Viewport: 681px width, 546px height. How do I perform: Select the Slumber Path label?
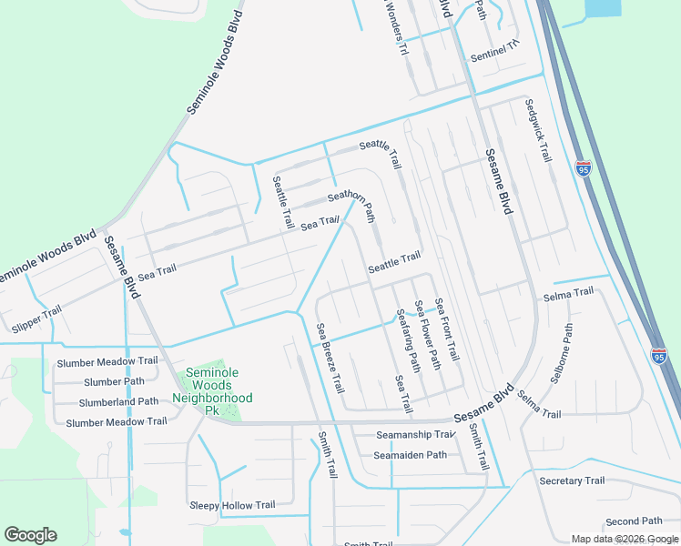pyautogui.click(x=114, y=382)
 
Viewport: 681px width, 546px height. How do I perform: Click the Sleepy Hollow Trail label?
pyautogui.click(x=231, y=505)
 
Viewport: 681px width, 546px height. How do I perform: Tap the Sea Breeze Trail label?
pyautogui.click(x=330, y=358)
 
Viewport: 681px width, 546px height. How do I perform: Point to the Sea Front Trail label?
pyautogui.click(x=446, y=329)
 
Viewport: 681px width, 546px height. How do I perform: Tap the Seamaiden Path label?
pyautogui.click(x=411, y=455)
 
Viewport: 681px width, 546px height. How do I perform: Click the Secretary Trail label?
pyautogui.click(x=571, y=480)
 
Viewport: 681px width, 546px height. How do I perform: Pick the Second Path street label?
pyautogui.click(x=633, y=521)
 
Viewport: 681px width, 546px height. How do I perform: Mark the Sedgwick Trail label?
pyautogui.click(x=538, y=129)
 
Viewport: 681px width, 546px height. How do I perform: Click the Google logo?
pyautogui.click(x=30, y=535)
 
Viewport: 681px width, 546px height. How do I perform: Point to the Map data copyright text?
pyautogui.click(x=625, y=539)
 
